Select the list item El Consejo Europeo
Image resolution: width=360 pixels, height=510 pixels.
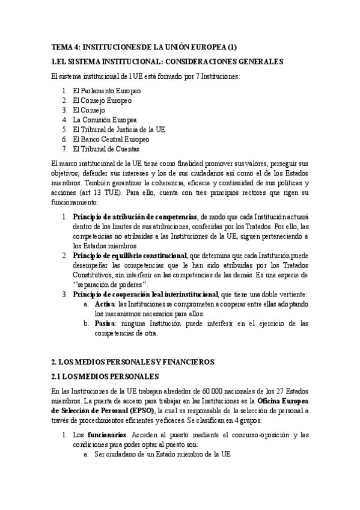click(x=102, y=100)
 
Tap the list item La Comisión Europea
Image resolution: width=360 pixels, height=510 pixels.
click(x=104, y=120)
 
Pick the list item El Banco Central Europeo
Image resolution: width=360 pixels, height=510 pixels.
click(x=110, y=139)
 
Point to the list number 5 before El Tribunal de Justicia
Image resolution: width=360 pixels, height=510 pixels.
click(x=64, y=129)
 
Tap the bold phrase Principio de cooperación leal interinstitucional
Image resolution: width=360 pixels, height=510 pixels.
click(x=145, y=294)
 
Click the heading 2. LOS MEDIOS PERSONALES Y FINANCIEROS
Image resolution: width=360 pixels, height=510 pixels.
click(x=138, y=362)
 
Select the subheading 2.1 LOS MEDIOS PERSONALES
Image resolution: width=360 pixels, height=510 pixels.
click(x=105, y=376)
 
